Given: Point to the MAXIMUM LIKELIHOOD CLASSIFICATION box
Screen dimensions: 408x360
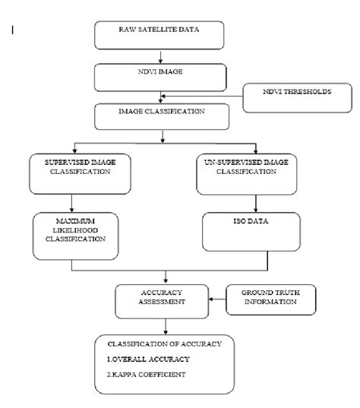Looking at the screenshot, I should pyautogui.click(x=71, y=232).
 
